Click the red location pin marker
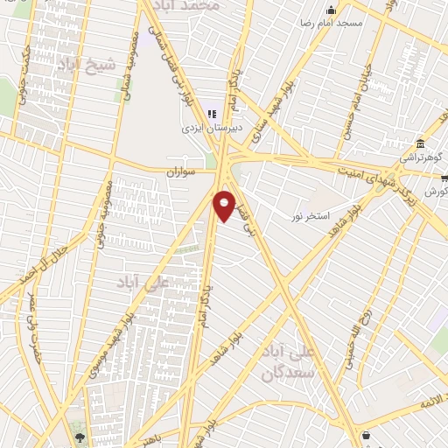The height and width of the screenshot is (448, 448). (224, 206)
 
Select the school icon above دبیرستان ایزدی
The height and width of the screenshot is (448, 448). (211, 113)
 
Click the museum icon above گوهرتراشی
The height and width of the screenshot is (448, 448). (420, 143)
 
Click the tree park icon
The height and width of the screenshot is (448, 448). (80, 437)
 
